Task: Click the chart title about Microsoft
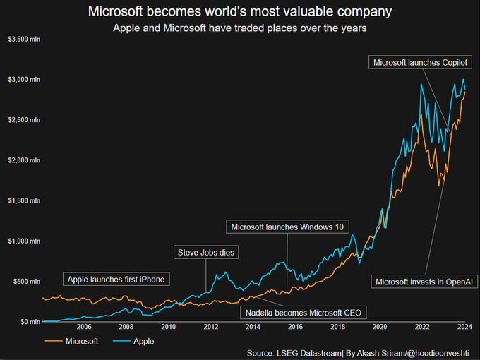(240, 12)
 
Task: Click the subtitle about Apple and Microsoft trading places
(240, 28)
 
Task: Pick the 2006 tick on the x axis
(83, 327)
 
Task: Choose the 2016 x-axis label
(295, 327)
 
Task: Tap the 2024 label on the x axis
(464, 327)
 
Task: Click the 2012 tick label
(210, 327)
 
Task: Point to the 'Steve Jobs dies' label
(206, 252)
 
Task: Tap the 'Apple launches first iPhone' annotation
(116, 280)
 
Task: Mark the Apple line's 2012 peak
(225, 272)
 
